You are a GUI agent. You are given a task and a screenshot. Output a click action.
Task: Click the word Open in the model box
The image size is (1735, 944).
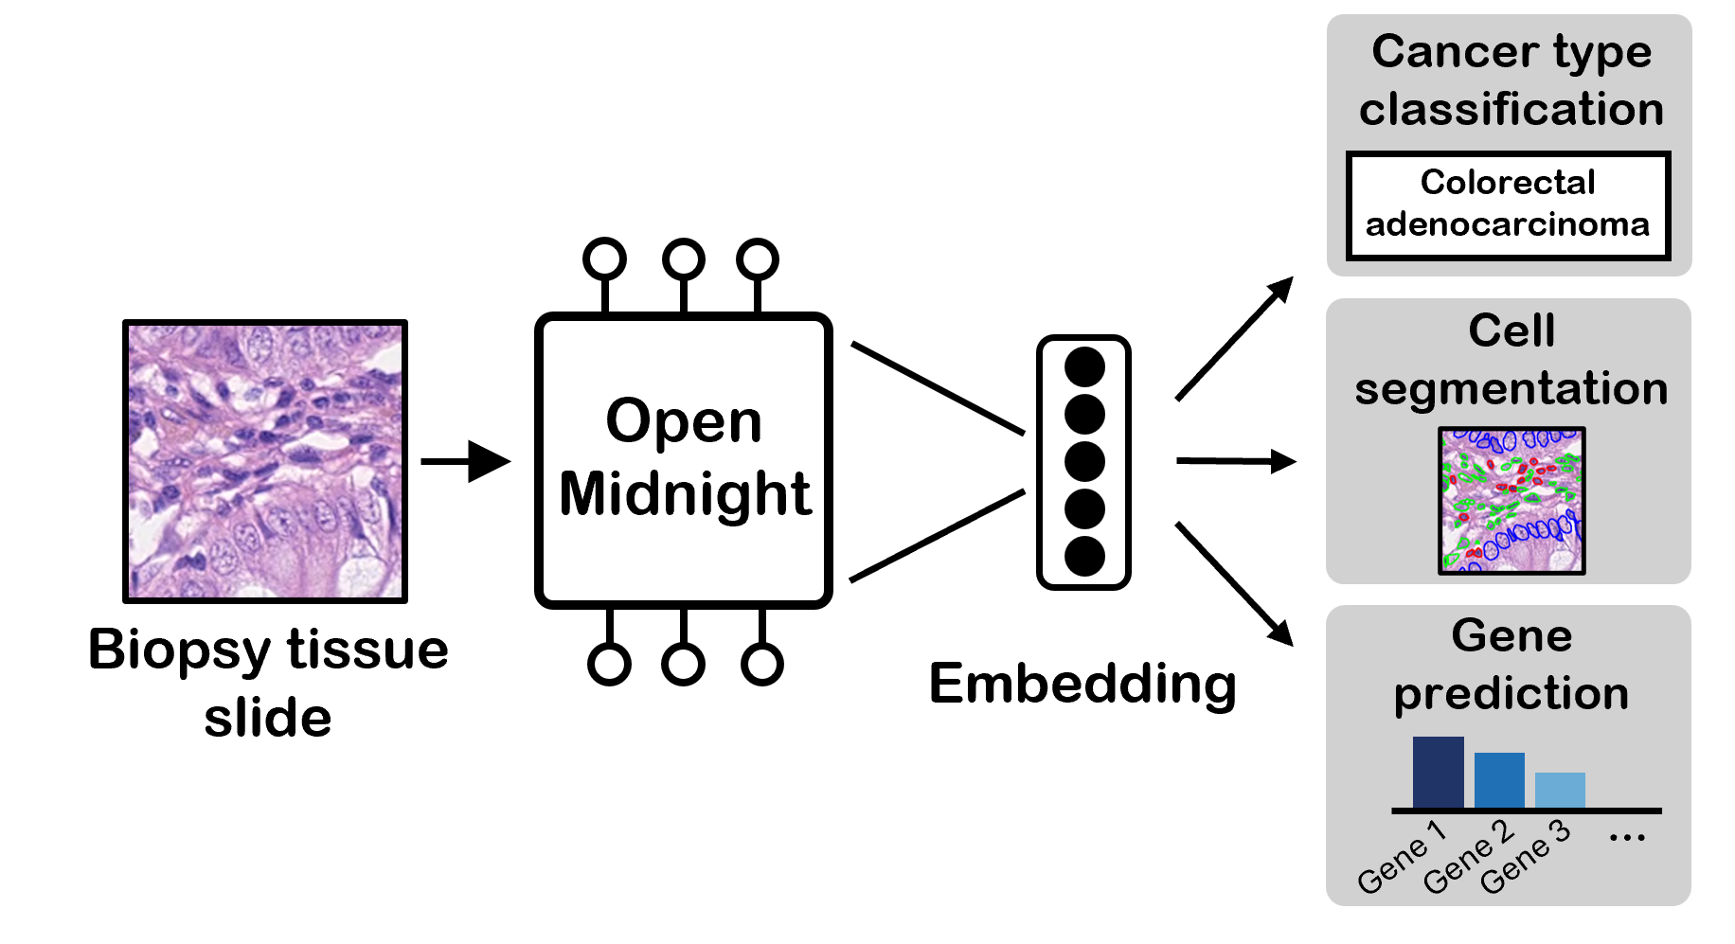(684, 421)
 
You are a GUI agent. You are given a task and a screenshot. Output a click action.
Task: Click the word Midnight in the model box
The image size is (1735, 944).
(685, 494)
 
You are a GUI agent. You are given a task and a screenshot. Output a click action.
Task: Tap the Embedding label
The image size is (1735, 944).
(1082, 684)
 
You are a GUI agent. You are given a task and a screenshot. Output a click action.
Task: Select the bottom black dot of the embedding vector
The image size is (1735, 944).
(1084, 556)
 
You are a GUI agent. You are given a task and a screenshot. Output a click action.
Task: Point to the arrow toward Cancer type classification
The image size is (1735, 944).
(1235, 338)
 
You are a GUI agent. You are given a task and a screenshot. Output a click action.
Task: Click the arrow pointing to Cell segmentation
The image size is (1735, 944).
(1236, 461)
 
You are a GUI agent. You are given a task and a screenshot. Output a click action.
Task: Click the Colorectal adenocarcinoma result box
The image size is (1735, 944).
(1508, 205)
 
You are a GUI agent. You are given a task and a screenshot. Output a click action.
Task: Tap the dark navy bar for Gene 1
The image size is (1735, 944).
(1438, 772)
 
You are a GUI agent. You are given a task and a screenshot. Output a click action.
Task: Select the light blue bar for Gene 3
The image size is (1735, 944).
(1560, 790)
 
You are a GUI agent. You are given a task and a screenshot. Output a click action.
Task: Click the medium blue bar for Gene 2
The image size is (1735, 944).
(1499, 779)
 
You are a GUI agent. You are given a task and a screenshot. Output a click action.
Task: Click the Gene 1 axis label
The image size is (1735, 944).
(1402, 858)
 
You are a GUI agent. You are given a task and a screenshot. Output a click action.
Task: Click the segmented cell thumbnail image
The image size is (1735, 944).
(1511, 501)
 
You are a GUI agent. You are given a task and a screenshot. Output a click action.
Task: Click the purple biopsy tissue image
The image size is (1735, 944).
(265, 461)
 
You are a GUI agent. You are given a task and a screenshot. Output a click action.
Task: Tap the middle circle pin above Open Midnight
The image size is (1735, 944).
(683, 259)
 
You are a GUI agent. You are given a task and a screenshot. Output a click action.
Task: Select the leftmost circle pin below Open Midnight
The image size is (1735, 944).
(609, 664)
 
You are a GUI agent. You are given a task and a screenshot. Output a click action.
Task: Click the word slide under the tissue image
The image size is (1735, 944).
(268, 718)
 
